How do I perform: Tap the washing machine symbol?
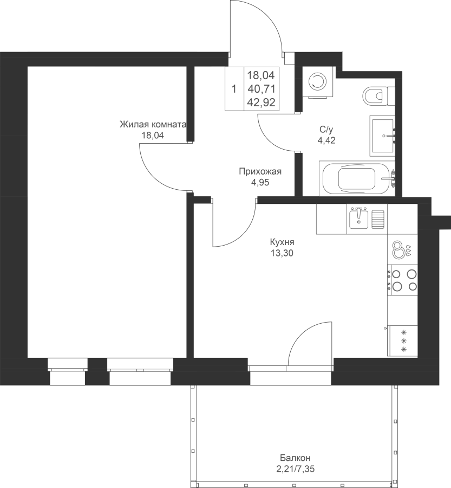point(318,82)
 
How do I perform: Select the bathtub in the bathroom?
point(357,178)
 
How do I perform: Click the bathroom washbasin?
point(382,136)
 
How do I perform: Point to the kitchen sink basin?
point(359,219)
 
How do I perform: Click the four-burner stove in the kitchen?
point(402,280)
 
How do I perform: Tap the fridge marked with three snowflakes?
point(402,341)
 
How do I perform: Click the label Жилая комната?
point(153,125)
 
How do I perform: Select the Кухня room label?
point(282,242)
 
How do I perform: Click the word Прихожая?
point(260,171)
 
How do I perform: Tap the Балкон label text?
point(295,458)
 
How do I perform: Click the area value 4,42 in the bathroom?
point(326,140)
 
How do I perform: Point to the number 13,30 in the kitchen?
point(282,253)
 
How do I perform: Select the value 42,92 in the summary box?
point(262,102)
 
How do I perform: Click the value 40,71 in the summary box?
point(262,89)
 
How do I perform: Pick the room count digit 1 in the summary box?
point(234,89)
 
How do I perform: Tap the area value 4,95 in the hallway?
point(260,183)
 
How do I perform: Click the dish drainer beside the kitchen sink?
point(378,219)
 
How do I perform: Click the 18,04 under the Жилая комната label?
point(153,136)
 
